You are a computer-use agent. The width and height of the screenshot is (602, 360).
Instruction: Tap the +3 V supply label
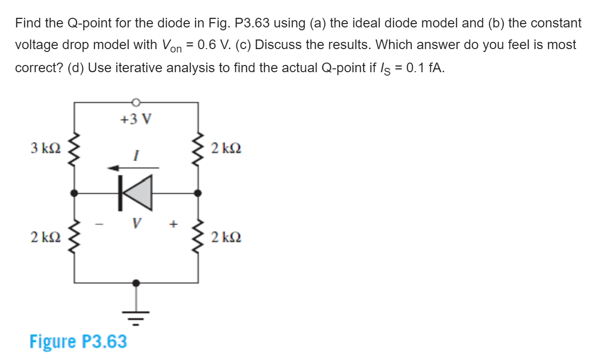[135, 119]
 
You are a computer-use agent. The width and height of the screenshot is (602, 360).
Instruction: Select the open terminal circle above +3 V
[136, 102]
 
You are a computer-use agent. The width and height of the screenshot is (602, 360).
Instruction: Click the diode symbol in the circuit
[136, 193]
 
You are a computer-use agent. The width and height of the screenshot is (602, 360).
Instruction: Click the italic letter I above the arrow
[136, 155]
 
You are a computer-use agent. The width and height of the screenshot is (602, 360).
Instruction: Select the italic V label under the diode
[137, 223]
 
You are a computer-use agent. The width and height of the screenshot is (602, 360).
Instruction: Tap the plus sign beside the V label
[173, 224]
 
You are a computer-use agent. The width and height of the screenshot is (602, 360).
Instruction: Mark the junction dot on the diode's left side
[74, 193]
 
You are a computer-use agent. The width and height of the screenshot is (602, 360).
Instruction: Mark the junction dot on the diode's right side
[198, 193]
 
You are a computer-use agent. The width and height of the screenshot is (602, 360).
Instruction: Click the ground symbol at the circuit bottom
[137, 315]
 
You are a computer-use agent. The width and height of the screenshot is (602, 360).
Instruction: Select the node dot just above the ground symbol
[137, 283]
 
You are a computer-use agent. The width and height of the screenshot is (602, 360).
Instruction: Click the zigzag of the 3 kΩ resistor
[74, 147]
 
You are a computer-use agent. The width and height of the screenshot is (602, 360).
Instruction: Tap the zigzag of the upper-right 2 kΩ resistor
[198, 147]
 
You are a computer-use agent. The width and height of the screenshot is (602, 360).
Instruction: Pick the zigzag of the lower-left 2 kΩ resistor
[74, 237]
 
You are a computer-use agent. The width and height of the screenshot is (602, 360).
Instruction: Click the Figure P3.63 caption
[78, 341]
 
